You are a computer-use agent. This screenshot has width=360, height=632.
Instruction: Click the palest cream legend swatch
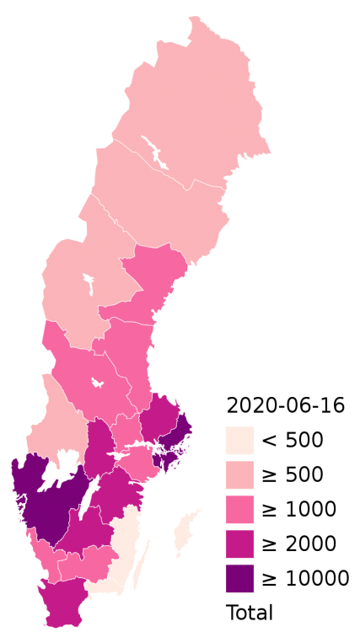tap(239, 441)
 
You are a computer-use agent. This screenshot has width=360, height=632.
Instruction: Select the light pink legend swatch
tap(239, 475)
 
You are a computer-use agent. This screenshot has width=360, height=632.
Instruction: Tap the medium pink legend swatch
tap(239, 510)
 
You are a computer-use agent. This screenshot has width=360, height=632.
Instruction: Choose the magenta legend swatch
tap(239, 544)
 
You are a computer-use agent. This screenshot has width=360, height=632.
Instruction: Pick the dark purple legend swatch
tap(239, 578)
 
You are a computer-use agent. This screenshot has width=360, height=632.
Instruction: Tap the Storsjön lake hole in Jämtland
tap(87, 281)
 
